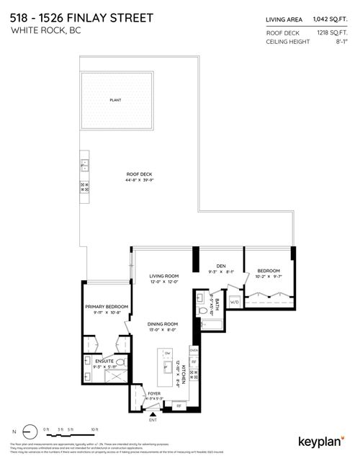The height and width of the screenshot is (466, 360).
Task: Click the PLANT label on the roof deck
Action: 114,101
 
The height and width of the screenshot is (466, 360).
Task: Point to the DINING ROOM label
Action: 163,325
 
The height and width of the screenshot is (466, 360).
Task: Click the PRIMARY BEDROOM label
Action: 106,307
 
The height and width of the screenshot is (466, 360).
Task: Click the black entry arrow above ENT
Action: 151,414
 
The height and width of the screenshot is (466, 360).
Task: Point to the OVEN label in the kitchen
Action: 193,351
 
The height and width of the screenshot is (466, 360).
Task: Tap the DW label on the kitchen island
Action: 166,353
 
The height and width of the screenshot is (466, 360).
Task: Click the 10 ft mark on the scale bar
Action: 94,429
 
